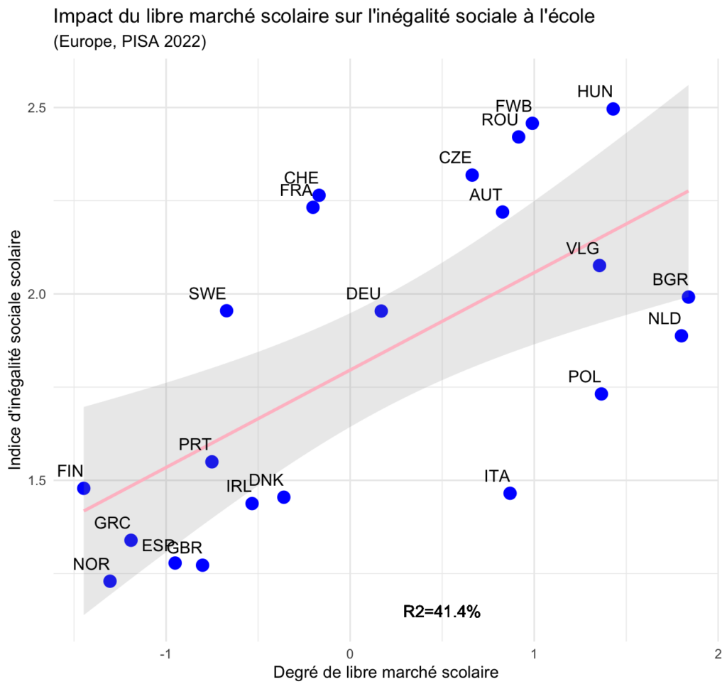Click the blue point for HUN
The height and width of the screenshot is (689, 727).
coord(613,109)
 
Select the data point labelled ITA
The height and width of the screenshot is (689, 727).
coord(510,493)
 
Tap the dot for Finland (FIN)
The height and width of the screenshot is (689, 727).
coord(84,488)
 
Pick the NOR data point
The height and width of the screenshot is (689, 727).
coord(110,581)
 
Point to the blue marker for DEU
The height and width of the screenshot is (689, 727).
coord(381,311)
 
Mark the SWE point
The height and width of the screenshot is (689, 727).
coord(226,310)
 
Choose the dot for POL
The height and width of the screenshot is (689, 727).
coord(601,394)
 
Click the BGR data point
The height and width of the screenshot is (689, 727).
coord(688,297)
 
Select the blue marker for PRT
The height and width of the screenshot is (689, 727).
coord(212,462)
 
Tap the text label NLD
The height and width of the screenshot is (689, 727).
coord(665,318)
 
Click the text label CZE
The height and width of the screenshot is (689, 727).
coord(455,158)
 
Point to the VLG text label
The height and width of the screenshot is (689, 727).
coord(583,249)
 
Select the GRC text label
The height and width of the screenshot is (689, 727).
coord(112,523)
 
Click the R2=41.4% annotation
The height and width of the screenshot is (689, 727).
coord(442,611)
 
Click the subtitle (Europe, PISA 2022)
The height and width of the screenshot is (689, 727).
coord(129,43)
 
